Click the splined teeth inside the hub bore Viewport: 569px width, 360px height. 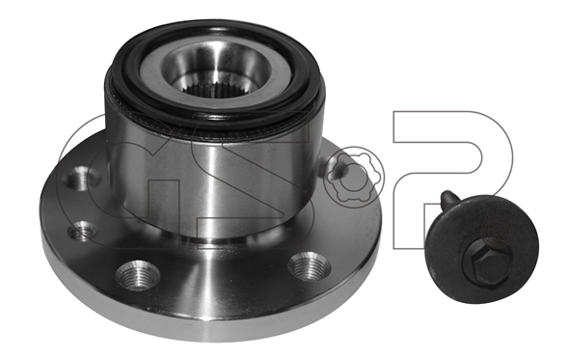[x=217, y=88]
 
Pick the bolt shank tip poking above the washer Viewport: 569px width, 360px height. [x=448, y=198]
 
